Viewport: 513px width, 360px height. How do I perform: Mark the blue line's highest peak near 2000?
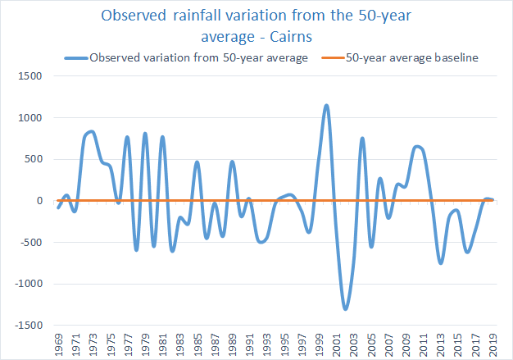[327, 106]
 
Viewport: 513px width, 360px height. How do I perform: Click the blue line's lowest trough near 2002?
[346, 308]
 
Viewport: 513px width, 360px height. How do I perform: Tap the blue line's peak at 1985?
[197, 162]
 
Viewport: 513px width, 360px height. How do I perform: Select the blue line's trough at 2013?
[441, 262]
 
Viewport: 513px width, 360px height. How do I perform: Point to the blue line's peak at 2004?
[362, 139]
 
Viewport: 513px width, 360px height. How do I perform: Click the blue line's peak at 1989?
[232, 162]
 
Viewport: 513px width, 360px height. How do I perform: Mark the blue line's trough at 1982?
[172, 250]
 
